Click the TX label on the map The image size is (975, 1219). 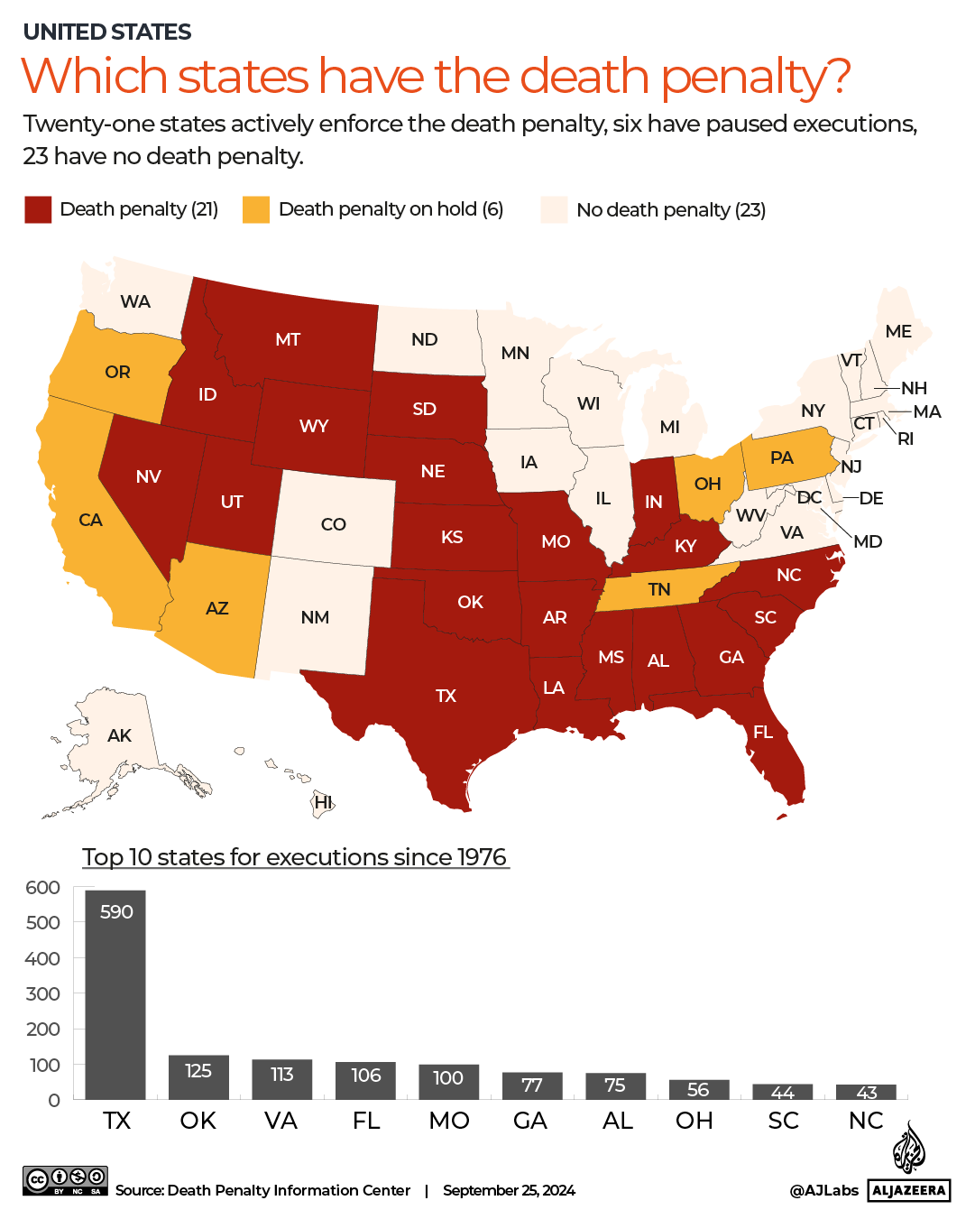click(446, 696)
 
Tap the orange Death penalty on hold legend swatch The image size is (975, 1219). click(256, 209)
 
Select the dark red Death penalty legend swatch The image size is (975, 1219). click(38, 209)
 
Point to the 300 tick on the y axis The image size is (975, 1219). click(42, 993)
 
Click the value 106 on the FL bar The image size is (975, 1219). click(365, 1075)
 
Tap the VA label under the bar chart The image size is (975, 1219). click(281, 1121)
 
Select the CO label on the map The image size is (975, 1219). click(333, 524)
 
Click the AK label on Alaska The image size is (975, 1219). click(119, 735)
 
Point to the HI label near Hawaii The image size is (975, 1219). click(323, 802)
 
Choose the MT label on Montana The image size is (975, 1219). click(288, 339)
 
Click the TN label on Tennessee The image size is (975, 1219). click(659, 589)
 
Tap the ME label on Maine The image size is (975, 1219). click(898, 331)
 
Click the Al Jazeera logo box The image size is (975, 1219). click(909, 1190)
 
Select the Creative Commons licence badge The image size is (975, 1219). click(65, 1180)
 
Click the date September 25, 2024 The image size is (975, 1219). click(509, 1190)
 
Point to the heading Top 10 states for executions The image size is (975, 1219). click(295, 856)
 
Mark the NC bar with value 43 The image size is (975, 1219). click(866, 1092)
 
